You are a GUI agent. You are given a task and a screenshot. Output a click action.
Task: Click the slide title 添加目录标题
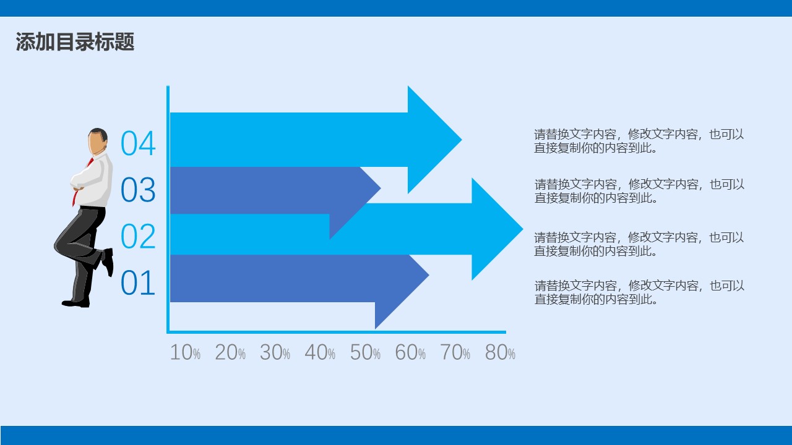coord(75,42)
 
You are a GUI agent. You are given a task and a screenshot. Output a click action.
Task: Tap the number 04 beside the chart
coord(138,143)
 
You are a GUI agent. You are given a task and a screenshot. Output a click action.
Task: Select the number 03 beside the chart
coord(138,190)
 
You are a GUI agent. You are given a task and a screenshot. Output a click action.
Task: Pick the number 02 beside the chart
coord(138,236)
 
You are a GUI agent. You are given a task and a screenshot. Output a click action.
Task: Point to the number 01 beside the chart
coord(138,283)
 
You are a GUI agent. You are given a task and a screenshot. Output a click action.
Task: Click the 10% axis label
coord(185,353)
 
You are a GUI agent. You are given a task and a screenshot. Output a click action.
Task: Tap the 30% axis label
coord(275,353)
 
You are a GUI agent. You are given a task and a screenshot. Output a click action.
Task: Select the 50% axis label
coord(365,353)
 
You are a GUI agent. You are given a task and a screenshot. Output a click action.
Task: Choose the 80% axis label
coord(500,353)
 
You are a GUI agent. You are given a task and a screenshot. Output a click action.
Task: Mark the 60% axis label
coord(410,353)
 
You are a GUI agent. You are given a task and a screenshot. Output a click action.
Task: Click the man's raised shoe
coord(108,261)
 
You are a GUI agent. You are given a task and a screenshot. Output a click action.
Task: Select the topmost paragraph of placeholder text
coord(639,141)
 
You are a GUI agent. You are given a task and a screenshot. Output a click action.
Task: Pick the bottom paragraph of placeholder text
coord(639,292)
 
